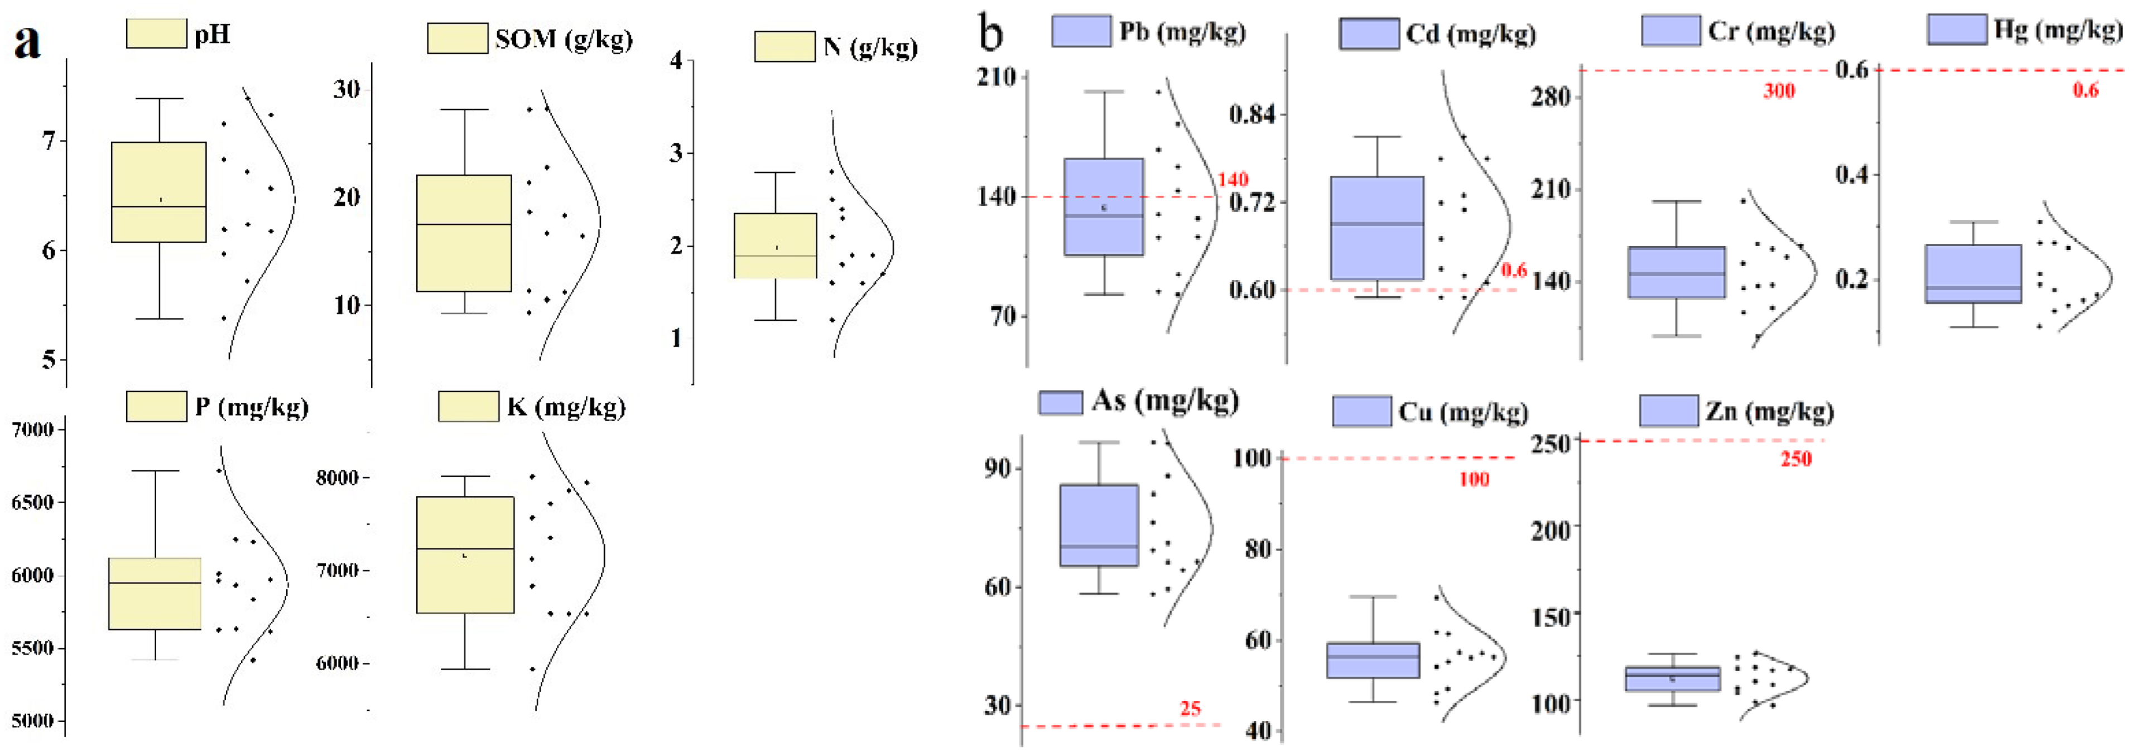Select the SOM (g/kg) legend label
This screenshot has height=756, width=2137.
(x=564, y=39)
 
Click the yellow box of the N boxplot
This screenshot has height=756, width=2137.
(x=775, y=245)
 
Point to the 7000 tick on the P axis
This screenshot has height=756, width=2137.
(x=32, y=429)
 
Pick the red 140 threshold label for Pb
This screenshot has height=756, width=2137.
(x=1232, y=179)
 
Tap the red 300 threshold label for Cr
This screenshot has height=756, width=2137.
(x=1779, y=90)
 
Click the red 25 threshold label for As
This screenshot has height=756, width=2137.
(x=1191, y=708)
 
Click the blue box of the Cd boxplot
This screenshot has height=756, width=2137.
(x=1376, y=228)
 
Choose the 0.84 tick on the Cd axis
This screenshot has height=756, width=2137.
(x=1252, y=114)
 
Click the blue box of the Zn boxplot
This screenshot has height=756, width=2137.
(x=1672, y=678)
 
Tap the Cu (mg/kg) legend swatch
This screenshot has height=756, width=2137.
(x=1361, y=411)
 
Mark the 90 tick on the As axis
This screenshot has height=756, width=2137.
(x=998, y=468)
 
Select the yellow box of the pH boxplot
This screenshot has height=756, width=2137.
(x=158, y=192)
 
